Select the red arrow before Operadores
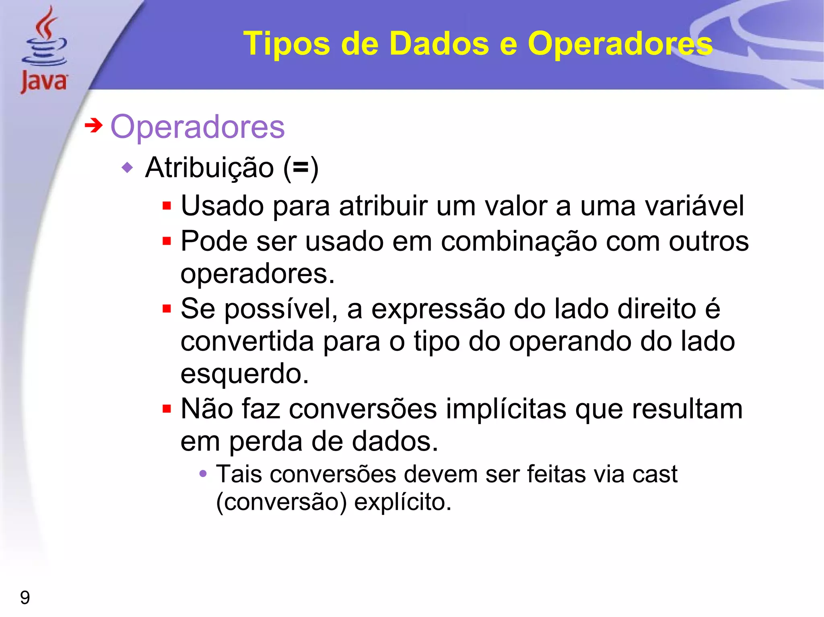(93, 125)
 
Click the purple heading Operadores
(198, 127)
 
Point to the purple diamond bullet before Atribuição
(127, 167)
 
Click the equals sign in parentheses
(301, 168)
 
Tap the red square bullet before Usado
(167, 206)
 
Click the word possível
(281, 310)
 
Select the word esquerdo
(244, 374)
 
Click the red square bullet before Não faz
(167, 409)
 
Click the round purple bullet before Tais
(203, 474)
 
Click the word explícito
(402, 502)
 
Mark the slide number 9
(25, 598)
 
